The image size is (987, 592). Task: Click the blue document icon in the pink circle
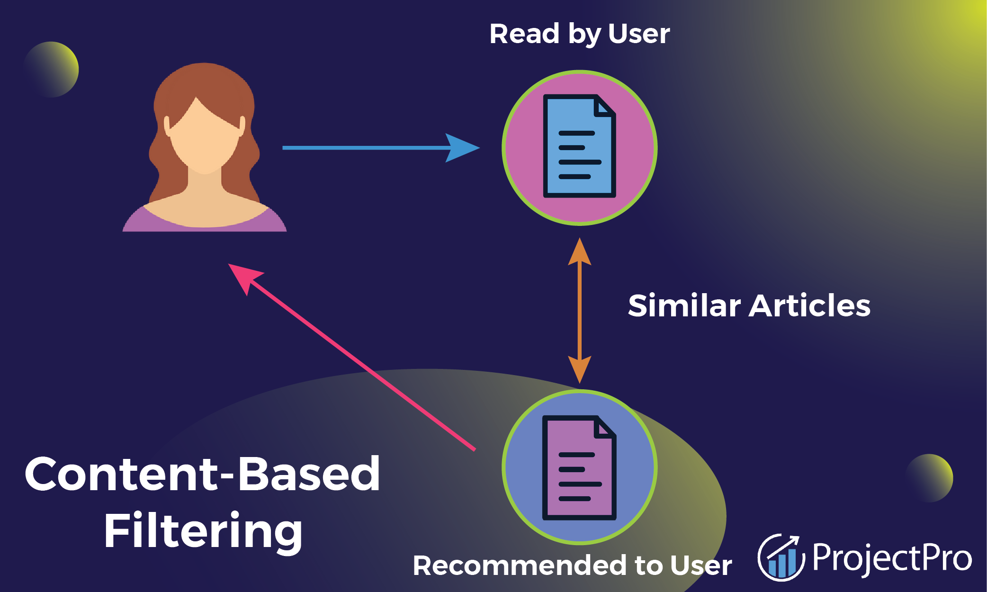(x=579, y=147)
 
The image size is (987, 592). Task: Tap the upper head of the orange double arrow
(x=579, y=251)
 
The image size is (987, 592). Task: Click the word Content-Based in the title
(x=202, y=474)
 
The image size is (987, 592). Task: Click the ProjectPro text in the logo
(x=891, y=558)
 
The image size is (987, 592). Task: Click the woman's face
(x=205, y=137)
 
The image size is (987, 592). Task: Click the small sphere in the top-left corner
(x=51, y=70)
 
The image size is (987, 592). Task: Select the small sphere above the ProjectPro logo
(x=929, y=477)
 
